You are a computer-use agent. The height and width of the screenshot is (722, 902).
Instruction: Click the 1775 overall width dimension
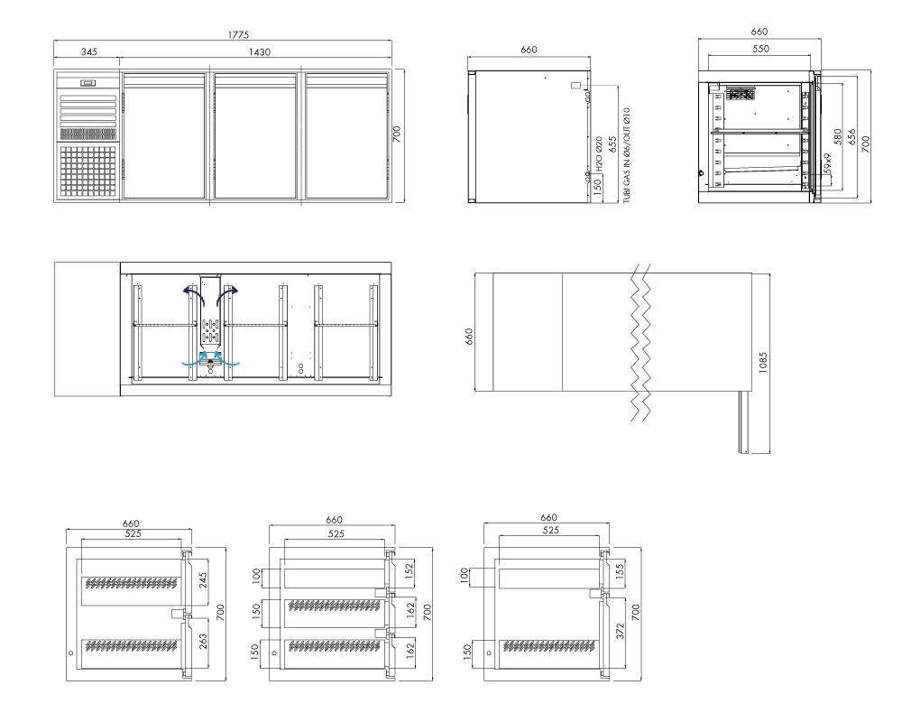[x=238, y=34]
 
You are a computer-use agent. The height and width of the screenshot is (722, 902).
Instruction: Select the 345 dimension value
[x=89, y=51]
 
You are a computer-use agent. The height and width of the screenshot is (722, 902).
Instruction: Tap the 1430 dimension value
[x=260, y=51]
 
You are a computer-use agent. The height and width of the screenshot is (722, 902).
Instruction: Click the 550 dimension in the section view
[x=760, y=49]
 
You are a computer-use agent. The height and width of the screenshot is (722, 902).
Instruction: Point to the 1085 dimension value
[x=763, y=363]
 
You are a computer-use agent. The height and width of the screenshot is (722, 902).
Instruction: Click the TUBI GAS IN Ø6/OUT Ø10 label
[x=627, y=155]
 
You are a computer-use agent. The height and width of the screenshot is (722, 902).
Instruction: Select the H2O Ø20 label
[x=599, y=153]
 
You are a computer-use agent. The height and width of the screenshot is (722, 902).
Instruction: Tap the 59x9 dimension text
[x=828, y=164]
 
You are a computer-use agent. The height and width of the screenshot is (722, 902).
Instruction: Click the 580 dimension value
[x=838, y=136]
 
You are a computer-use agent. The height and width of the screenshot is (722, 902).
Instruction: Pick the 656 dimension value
[x=852, y=136]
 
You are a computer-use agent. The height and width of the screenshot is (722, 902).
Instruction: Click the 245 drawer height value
[x=203, y=580]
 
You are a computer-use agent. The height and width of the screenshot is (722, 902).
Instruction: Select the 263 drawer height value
[x=203, y=642]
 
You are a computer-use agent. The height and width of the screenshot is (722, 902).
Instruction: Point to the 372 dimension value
[x=621, y=631]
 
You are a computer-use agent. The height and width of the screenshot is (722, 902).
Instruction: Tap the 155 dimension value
[x=621, y=571]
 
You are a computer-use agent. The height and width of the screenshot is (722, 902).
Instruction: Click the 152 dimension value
[x=410, y=571]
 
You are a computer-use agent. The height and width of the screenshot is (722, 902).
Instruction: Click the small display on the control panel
[x=88, y=83]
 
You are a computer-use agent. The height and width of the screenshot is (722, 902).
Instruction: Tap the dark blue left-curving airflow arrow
[x=193, y=294]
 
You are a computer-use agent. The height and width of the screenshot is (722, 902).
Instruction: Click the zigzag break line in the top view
[x=640, y=343]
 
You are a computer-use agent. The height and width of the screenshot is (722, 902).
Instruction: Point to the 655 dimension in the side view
[x=612, y=143]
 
